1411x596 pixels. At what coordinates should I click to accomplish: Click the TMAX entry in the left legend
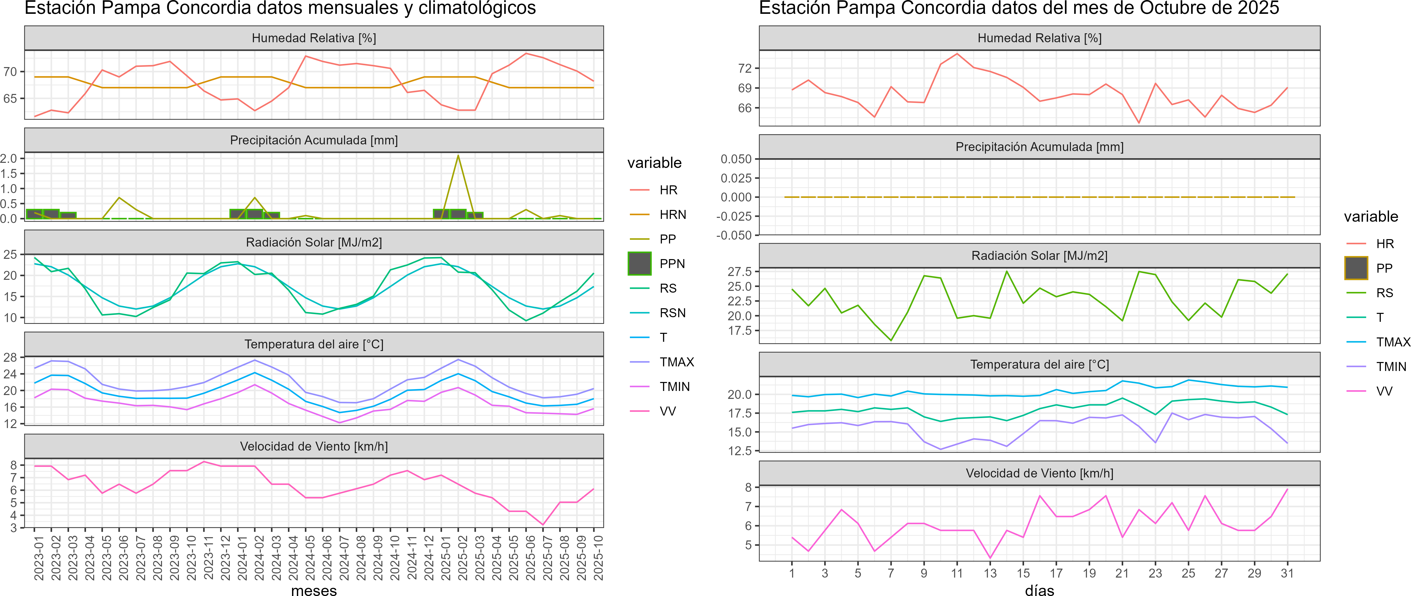click(676, 362)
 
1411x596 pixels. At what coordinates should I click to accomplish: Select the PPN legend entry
click(672, 263)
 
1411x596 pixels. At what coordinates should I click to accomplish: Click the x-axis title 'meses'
click(314, 590)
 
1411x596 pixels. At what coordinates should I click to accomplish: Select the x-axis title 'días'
click(1039, 590)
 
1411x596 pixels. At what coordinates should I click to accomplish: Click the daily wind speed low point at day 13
click(990, 558)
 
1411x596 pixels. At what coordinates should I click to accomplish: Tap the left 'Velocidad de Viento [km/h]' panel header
click(314, 446)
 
